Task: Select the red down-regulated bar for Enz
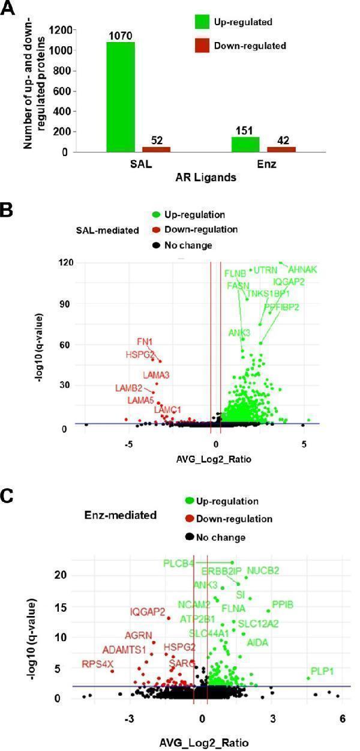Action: (281, 148)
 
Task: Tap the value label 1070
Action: (120, 36)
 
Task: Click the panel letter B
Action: (7, 210)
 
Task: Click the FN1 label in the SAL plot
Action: (145, 342)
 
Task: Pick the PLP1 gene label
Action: (325, 671)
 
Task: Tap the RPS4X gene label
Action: (98, 664)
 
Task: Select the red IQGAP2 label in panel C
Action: (148, 612)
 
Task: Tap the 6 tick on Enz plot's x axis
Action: (342, 719)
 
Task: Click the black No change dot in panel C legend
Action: (190, 537)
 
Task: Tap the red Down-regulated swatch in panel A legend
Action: (200, 45)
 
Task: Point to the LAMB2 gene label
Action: (128, 388)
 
